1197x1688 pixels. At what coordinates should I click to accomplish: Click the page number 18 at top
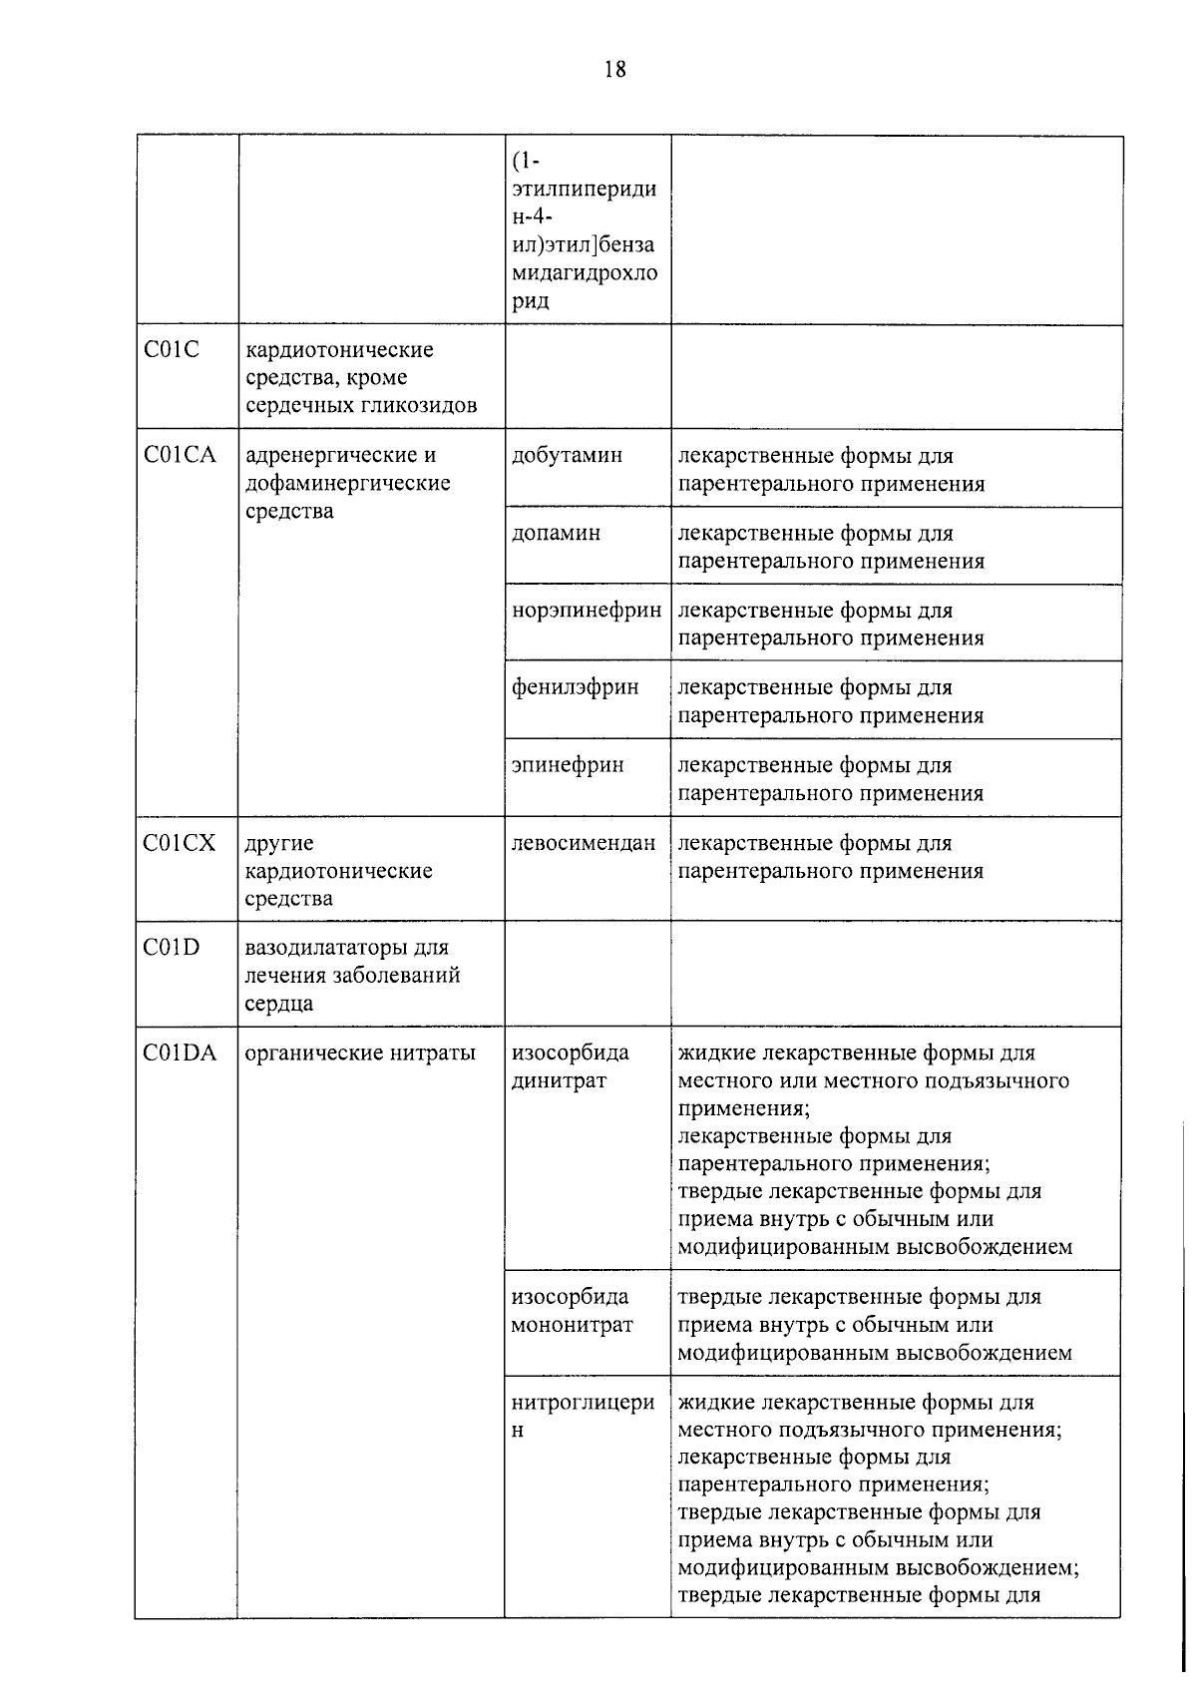point(614,69)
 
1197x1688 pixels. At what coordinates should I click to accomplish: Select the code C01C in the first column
point(172,350)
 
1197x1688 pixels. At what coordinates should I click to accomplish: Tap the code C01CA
point(180,456)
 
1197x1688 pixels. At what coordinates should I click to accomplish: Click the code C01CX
point(180,843)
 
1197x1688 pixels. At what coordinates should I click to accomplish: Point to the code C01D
point(172,948)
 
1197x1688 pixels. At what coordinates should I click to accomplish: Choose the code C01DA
point(180,1053)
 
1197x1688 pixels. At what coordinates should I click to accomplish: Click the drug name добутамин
point(567,456)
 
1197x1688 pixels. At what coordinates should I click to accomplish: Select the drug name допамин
point(556,533)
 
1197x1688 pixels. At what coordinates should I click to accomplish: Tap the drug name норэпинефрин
point(586,611)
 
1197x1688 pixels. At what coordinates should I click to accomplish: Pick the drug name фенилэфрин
point(575,687)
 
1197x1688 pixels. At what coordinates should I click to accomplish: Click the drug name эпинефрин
point(568,765)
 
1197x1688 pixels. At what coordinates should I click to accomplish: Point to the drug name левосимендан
point(584,843)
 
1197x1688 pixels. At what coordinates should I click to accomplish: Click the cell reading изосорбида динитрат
point(570,1066)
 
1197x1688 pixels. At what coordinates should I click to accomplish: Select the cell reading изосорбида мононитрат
point(571,1311)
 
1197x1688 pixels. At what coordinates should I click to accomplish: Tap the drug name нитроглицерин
point(583,1416)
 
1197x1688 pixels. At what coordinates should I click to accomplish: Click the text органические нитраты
point(360,1053)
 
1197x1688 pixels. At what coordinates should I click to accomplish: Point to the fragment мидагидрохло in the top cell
point(584,273)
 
